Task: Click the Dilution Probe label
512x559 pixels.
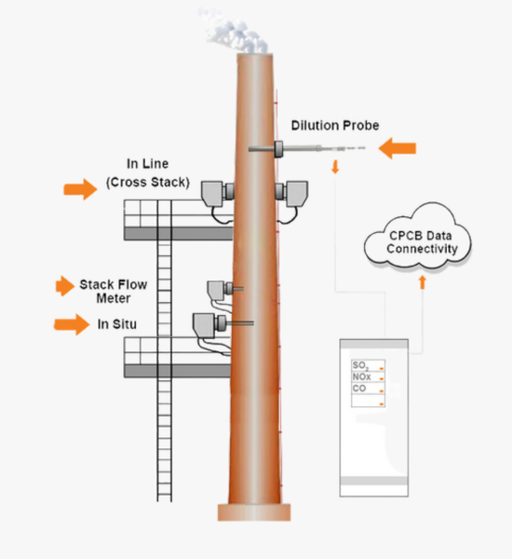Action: coord(334,125)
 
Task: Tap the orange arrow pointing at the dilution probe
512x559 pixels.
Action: coord(397,146)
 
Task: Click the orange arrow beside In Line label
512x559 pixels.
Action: coord(79,190)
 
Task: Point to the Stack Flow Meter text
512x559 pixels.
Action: coord(112,291)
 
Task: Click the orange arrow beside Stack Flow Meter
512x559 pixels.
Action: coord(64,286)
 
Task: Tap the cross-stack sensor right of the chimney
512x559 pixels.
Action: coord(297,193)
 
